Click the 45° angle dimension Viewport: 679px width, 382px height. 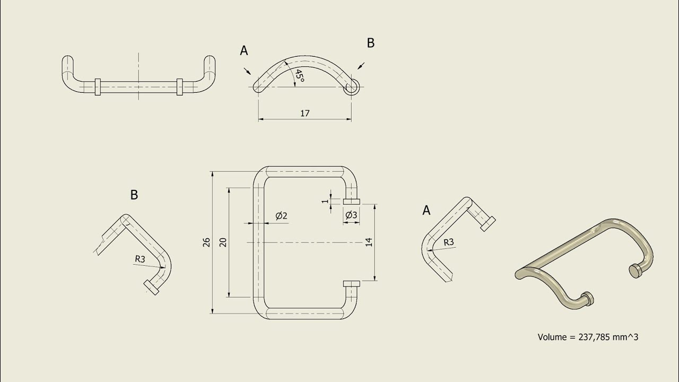[x=299, y=76]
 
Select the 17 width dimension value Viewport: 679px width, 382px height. [x=304, y=113]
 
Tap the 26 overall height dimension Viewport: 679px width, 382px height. [x=207, y=242]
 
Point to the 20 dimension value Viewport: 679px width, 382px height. [x=223, y=242]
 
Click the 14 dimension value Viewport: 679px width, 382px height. [x=369, y=242]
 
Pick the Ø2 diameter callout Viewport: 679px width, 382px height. [x=281, y=215]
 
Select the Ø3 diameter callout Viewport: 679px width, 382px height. [x=351, y=215]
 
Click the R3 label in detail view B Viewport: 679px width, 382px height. [x=140, y=259]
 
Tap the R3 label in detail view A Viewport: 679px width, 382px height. [x=449, y=242]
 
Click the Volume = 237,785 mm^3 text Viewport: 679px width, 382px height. [x=588, y=337]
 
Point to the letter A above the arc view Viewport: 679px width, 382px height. [x=244, y=50]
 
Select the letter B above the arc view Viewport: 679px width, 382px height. [x=371, y=44]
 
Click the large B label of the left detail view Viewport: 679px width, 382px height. [x=134, y=195]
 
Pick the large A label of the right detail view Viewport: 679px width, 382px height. [x=426, y=211]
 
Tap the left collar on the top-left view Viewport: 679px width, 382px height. [x=98, y=86]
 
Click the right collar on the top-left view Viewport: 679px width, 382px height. [x=179, y=86]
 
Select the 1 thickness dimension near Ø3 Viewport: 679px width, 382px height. [x=324, y=201]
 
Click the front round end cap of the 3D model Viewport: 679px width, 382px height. [x=586, y=298]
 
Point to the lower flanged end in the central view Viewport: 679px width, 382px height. [x=352, y=284]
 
